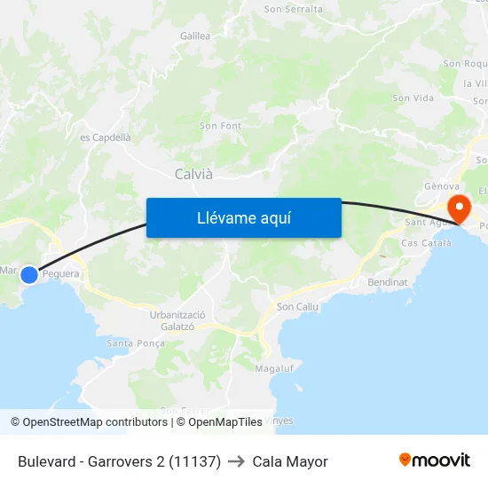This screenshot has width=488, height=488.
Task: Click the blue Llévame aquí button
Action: (x=243, y=217)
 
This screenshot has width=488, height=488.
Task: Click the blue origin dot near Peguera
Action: (x=29, y=275)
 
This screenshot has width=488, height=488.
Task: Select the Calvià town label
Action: (x=193, y=174)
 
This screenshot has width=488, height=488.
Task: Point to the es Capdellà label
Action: (x=106, y=138)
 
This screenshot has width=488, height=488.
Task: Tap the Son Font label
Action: (x=220, y=126)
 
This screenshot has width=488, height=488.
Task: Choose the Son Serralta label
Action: (x=294, y=9)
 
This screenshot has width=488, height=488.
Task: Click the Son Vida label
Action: (x=413, y=98)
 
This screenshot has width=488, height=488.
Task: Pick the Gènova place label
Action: (x=441, y=187)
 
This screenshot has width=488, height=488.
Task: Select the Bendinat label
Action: (x=387, y=282)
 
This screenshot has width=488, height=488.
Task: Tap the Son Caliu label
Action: (x=297, y=307)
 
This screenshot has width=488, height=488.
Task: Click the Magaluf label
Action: (x=273, y=367)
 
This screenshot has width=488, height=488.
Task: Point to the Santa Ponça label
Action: (x=136, y=342)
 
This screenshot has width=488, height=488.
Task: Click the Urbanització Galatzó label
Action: (x=177, y=320)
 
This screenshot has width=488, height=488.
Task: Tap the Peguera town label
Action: (x=61, y=274)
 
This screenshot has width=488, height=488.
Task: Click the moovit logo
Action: (x=434, y=460)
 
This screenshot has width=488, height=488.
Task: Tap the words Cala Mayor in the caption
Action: (x=290, y=461)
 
